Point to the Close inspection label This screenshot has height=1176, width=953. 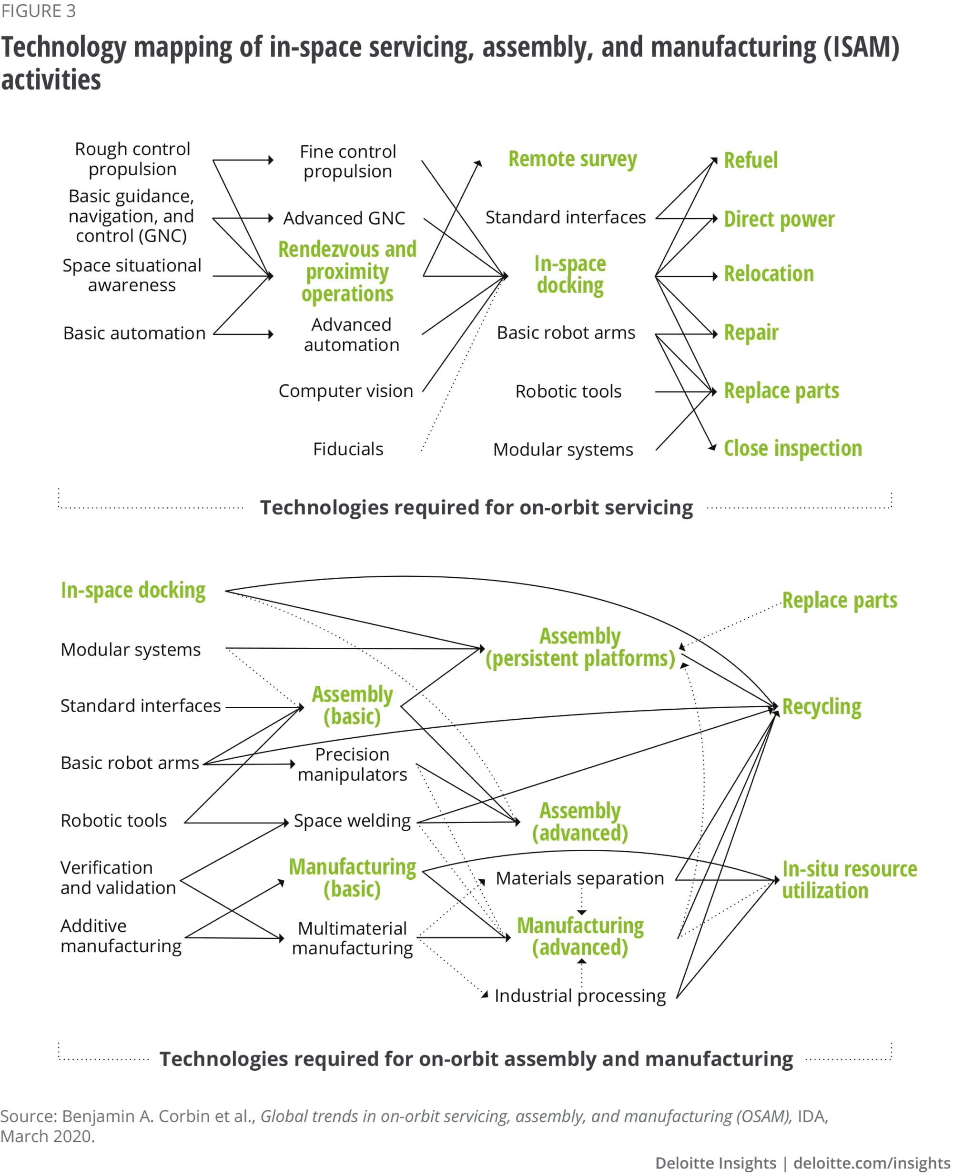point(793,449)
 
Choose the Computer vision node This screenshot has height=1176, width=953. point(346,391)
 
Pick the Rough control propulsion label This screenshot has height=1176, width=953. point(132,159)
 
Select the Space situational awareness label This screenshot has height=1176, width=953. point(132,275)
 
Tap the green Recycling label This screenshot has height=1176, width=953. point(821,707)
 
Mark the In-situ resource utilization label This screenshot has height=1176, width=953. point(849,880)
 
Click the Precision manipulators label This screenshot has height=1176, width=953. point(352,765)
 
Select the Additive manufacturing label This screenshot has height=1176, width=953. point(121,936)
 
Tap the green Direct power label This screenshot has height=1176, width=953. point(779,220)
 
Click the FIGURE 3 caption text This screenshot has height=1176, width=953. point(39,11)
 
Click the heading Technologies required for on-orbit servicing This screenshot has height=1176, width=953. point(476,508)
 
